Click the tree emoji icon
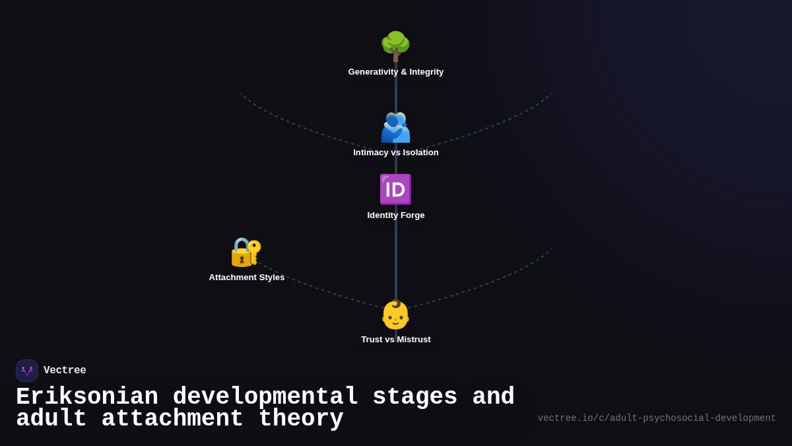point(395,46)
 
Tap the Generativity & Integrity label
point(395,72)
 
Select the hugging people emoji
point(395,128)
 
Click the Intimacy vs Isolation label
point(395,153)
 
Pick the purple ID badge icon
point(395,190)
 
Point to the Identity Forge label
point(395,215)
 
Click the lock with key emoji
point(246,252)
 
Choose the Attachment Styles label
point(246,278)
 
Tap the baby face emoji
point(395,315)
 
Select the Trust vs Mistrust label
point(395,340)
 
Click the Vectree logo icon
point(27,371)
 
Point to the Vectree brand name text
point(65,371)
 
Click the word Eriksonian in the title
point(87,397)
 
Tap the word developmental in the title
point(265,397)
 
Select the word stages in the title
point(414,397)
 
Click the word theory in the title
point(301,419)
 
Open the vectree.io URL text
point(657,418)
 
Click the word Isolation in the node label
point(420,153)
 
